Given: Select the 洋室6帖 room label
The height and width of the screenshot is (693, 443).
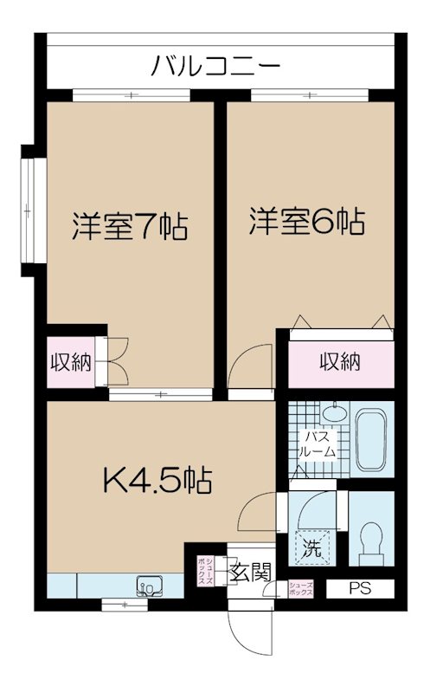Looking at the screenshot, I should (x=306, y=221).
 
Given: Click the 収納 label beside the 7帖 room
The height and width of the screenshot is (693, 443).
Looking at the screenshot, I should (x=69, y=362).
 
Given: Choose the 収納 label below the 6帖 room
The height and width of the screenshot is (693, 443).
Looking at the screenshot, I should (x=338, y=362).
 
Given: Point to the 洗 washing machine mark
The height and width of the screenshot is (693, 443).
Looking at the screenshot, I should (x=310, y=547).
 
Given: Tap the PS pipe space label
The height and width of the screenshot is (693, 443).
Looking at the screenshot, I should (x=360, y=589).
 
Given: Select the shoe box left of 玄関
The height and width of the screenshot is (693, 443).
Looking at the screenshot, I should (x=205, y=571).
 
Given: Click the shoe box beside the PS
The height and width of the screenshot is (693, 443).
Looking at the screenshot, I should (x=300, y=589).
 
